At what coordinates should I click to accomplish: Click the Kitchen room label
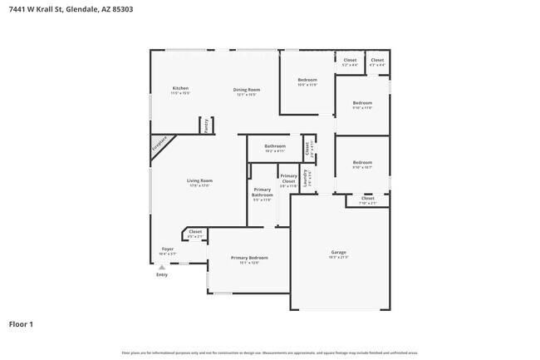180,88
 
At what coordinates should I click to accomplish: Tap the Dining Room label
247,90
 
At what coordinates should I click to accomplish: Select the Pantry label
205,125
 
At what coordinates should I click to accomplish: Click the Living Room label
199,180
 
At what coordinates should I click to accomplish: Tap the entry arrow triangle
161,267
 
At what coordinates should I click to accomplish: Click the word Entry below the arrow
161,275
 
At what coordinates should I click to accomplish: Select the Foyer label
167,249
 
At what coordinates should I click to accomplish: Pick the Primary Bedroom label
249,258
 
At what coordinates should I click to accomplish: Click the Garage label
338,252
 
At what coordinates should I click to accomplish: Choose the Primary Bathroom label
262,193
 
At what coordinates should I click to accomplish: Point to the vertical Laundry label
306,178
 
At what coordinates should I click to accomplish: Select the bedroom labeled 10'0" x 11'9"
307,81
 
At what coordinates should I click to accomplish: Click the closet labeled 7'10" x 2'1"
367,199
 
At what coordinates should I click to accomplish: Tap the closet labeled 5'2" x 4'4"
350,60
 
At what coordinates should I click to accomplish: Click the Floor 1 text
21,323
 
